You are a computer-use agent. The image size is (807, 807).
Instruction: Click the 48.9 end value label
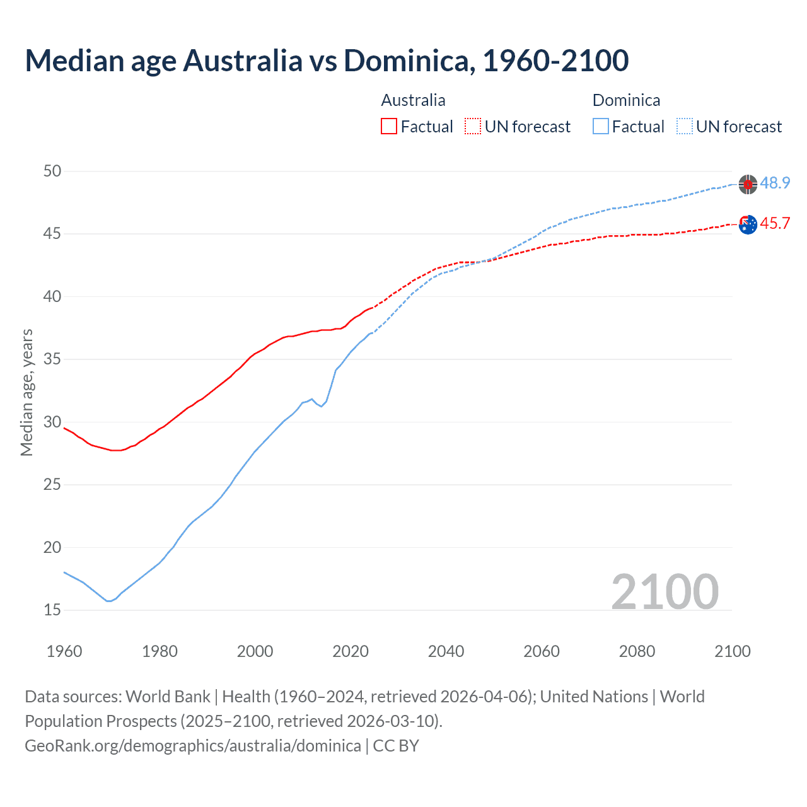(x=775, y=183)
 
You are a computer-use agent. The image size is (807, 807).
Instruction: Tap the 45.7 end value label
(x=775, y=223)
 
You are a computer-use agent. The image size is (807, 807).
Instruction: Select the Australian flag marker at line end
(x=748, y=224)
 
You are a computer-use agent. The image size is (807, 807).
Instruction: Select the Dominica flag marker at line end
(x=748, y=184)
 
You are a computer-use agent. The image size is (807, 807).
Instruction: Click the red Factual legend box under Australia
(x=389, y=127)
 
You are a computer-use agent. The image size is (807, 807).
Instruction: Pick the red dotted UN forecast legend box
(x=473, y=127)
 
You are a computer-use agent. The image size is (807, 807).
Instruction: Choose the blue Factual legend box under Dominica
(x=601, y=127)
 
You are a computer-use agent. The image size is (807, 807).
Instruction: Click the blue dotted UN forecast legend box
(x=684, y=127)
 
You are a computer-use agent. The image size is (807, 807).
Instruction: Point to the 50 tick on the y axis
(x=52, y=171)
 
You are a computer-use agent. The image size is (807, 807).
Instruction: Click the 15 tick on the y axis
(x=52, y=610)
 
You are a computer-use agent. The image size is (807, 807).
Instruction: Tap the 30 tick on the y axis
(x=52, y=422)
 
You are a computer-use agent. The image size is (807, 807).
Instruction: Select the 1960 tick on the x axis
(x=64, y=651)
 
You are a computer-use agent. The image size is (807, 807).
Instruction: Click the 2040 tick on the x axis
(x=446, y=651)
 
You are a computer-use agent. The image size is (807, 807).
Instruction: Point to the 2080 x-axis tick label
(x=637, y=651)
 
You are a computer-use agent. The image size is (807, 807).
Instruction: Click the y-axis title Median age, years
(x=26, y=392)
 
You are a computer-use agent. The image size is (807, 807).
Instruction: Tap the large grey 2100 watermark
(x=665, y=591)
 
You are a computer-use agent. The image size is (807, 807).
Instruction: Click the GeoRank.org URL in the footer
(x=193, y=746)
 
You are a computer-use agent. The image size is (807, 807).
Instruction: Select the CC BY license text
(x=396, y=746)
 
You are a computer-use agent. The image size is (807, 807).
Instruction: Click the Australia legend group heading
(x=413, y=100)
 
